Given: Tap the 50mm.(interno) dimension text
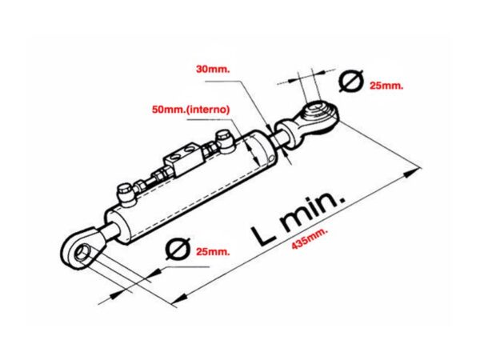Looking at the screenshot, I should [x=192, y=108].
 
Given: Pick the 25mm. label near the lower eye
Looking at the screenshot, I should [x=212, y=251].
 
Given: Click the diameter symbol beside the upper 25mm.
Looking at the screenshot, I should [x=352, y=81].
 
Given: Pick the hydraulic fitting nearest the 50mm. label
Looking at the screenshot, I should [x=225, y=140].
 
